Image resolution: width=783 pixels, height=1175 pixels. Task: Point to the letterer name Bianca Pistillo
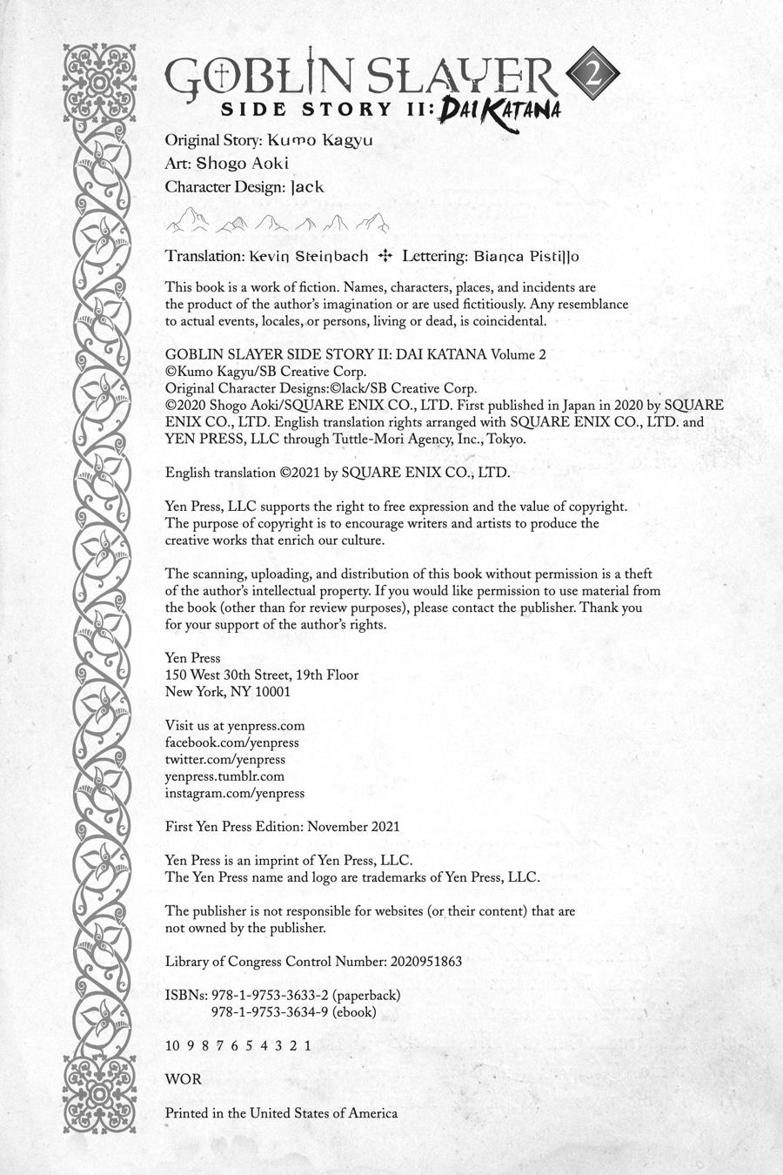point(526,257)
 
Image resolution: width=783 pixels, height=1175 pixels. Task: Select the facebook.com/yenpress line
point(231,742)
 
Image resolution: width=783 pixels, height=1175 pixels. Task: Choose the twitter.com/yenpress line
point(225,759)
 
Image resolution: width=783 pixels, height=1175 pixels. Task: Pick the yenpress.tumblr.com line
point(224,776)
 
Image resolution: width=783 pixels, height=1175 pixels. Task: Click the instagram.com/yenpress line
point(235,793)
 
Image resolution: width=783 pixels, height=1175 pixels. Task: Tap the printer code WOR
point(183,1079)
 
